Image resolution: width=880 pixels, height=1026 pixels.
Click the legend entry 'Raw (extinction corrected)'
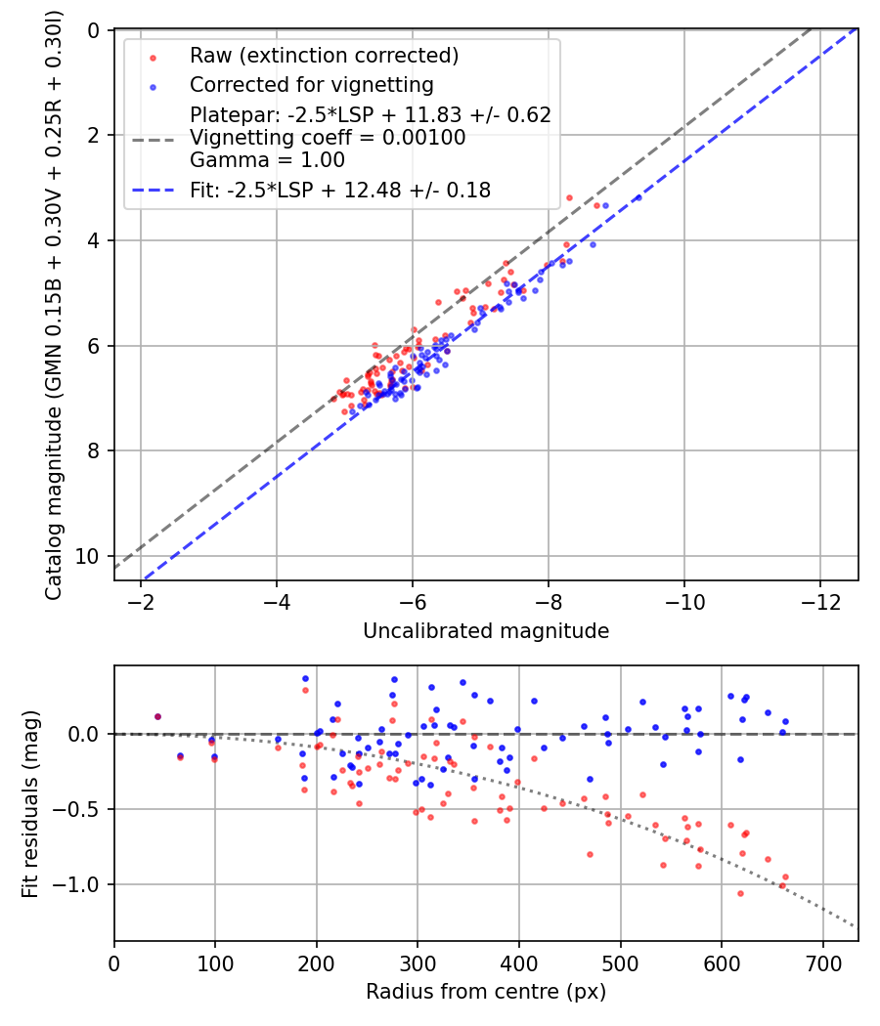click(324, 56)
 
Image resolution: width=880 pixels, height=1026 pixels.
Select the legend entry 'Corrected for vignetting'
click(312, 85)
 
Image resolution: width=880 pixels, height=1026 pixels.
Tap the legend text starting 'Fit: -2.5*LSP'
click(340, 191)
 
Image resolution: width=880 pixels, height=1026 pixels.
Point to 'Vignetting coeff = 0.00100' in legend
click(328, 138)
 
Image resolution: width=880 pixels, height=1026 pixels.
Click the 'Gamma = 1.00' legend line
click(267, 160)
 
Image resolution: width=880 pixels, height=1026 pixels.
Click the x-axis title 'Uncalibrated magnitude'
click(487, 631)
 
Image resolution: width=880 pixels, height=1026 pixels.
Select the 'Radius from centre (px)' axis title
click(486, 992)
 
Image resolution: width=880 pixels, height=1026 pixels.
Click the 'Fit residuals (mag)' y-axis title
click(30, 803)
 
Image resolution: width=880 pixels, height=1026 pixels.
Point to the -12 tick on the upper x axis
click(820, 601)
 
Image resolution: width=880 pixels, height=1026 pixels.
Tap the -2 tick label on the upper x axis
click(141, 601)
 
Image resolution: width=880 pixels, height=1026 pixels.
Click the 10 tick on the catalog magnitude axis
click(88, 556)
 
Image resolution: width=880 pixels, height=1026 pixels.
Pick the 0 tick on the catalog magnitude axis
click(94, 30)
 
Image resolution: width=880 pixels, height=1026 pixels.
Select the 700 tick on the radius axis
click(823, 963)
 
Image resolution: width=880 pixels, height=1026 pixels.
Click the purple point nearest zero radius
click(157, 717)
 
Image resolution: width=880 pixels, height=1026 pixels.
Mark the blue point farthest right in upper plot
click(638, 197)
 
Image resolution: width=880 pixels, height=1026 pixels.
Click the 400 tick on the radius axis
click(519, 963)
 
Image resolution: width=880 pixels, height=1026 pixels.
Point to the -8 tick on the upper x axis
click(549, 601)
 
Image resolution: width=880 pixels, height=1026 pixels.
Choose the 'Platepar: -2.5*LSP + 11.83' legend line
click(371, 115)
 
